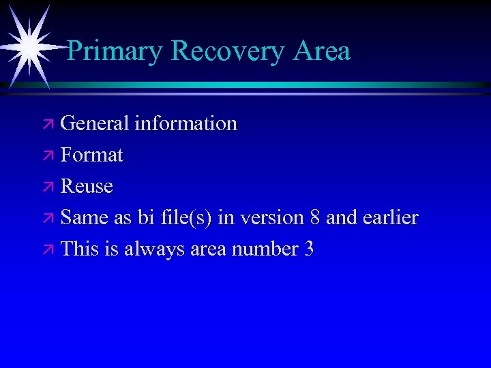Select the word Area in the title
coord(323,51)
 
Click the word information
coord(185,123)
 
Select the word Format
coord(91,155)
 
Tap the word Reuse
coord(87,186)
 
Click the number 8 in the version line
coord(314,217)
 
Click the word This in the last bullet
coord(79,249)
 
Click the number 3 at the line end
coord(309,249)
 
